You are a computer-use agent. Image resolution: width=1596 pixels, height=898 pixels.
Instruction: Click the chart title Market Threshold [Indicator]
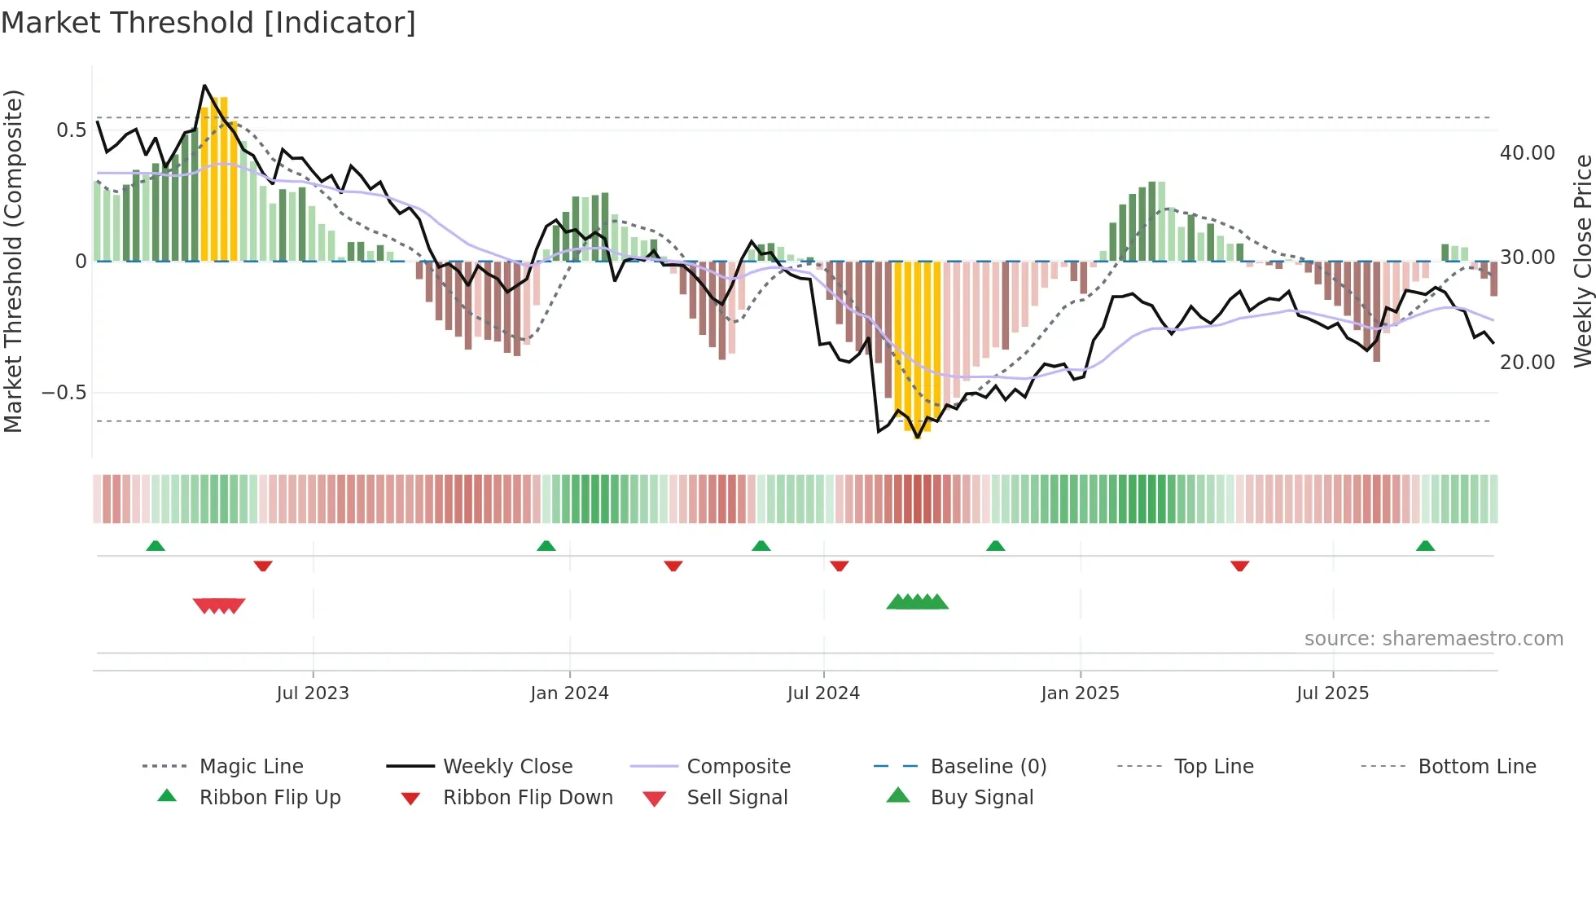pos(208,23)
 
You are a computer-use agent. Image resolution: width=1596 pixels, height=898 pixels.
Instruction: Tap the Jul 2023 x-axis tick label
pos(313,693)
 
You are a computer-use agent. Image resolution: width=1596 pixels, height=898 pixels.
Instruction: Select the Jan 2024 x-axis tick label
pos(569,693)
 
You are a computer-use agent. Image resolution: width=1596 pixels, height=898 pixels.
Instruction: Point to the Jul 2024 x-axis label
pos(823,693)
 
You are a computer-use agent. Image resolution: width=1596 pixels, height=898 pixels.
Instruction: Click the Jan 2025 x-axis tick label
pos(1080,693)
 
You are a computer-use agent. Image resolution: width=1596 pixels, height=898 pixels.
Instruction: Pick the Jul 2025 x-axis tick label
pos(1333,693)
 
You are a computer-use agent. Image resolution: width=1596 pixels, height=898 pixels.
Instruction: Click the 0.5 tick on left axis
pos(72,130)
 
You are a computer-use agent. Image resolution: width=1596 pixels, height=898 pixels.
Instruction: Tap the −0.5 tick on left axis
pos(64,393)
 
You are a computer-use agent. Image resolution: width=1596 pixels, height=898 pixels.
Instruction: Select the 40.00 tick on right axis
pos(1528,153)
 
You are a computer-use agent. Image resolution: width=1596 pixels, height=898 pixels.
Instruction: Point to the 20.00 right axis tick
pos(1528,363)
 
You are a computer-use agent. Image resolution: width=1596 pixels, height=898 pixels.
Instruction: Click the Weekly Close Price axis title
pos(1582,261)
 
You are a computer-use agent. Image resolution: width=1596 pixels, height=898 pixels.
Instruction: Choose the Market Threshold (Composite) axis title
pos(14,261)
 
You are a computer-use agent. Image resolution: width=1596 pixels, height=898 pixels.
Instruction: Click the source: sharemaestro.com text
pos(1433,639)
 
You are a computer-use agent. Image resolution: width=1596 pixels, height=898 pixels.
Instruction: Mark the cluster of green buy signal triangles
pos(918,602)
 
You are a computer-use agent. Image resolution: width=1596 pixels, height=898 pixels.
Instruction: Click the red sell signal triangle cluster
pos(219,605)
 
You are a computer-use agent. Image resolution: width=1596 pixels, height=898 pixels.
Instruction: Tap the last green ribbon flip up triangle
pos(1425,546)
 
